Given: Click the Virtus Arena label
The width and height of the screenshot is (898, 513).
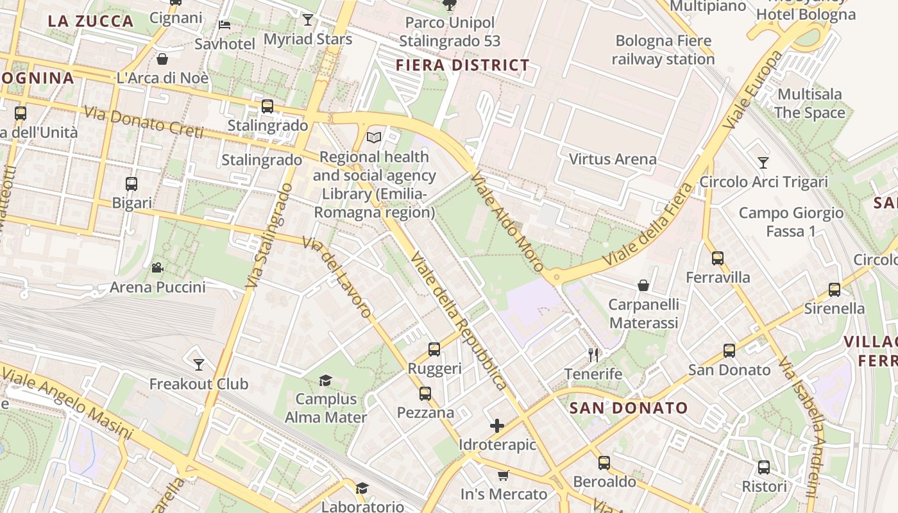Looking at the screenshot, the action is (x=613, y=159).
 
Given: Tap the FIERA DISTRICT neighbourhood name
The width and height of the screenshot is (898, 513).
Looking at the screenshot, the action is (x=462, y=65).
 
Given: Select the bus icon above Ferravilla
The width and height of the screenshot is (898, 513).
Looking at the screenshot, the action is (x=717, y=258).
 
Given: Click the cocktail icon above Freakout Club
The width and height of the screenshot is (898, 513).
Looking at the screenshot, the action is (x=199, y=365).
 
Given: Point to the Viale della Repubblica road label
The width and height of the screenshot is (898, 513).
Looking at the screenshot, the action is (x=459, y=321).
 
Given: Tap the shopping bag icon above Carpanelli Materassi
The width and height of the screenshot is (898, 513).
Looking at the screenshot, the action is (x=643, y=285).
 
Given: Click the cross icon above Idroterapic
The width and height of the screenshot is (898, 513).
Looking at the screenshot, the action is (x=497, y=425).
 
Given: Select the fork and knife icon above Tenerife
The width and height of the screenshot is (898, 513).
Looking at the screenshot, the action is (x=593, y=355).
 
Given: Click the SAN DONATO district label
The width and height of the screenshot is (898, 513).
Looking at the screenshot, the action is (x=629, y=408).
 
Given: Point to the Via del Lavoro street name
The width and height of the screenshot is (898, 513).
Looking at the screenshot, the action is (x=337, y=277).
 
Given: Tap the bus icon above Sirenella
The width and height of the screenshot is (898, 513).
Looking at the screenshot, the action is (x=834, y=289).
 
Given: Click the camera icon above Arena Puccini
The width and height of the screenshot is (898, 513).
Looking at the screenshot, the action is (x=157, y=268).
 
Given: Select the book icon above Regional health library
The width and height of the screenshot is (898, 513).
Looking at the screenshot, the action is (x=374, y=137).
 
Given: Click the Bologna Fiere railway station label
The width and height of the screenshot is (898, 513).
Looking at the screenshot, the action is (x=663, y=50).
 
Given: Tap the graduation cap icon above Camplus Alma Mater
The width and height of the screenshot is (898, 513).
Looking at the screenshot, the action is (x=325, y=380).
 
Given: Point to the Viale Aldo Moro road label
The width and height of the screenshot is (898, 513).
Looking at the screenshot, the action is (x=507, y=221).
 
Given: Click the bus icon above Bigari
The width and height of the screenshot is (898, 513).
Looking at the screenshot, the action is (x=131, y=184).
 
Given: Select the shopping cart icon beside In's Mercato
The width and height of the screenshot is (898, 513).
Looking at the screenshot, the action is (x=504, y=475).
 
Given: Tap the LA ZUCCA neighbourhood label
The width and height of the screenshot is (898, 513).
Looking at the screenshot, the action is (x=90, y=21).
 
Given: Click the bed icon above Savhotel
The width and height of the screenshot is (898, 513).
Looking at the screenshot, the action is (x=224, y=25).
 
